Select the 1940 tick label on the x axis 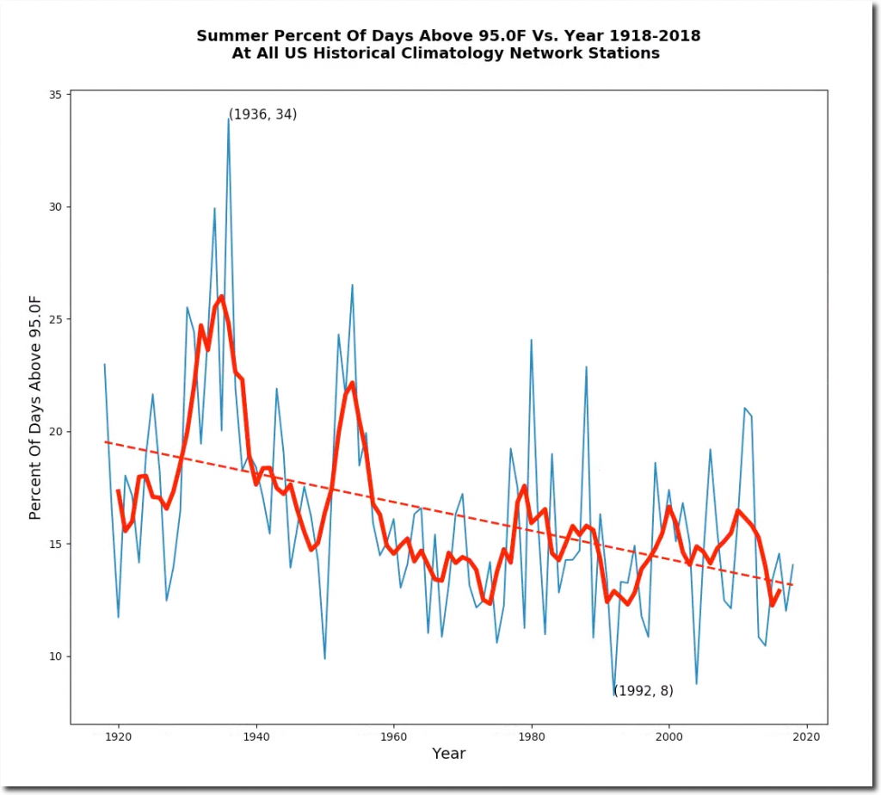(x=256, y=736)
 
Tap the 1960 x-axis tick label (x=393, y=736)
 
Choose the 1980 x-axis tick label (x=531, y=736)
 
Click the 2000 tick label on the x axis (x=669, y=736)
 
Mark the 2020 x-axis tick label (x=806, y=736)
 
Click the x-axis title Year (x=448, y=754)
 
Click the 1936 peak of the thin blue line (x=229, y=119)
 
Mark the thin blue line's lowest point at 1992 (x=614, y=695)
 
